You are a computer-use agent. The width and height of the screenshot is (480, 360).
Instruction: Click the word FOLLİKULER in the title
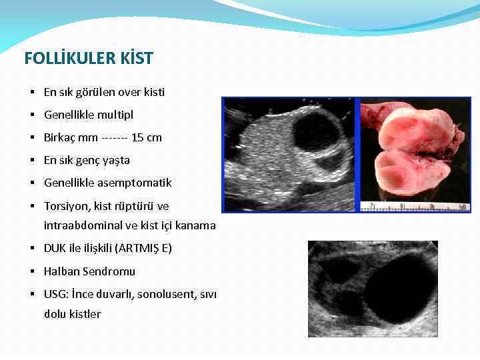(62, 59)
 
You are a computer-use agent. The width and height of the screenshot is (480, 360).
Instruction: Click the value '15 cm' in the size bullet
(147, 138)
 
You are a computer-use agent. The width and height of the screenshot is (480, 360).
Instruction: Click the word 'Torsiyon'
(65, 206)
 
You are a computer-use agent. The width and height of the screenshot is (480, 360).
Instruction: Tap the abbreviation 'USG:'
(55, 294)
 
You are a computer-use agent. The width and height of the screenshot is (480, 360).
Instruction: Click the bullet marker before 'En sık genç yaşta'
(32, 161)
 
